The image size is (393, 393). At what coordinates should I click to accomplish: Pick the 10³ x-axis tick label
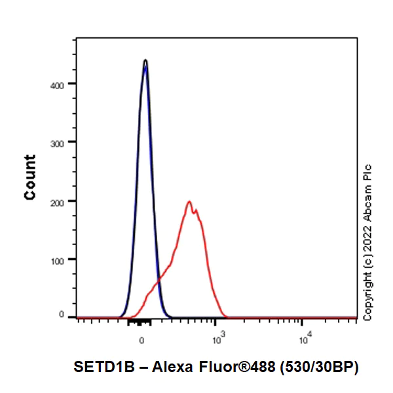click(x=218, y=339)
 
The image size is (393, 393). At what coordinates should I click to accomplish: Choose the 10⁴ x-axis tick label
click(x=304, y=339)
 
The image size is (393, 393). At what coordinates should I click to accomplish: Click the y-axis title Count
click(x=30, y=177)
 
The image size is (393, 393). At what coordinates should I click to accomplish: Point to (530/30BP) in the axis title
click(x=319, y=368)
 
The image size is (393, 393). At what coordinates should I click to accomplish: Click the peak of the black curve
click(x=145, y=60)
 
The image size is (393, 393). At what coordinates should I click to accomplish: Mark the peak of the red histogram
click(x=189, y=202)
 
